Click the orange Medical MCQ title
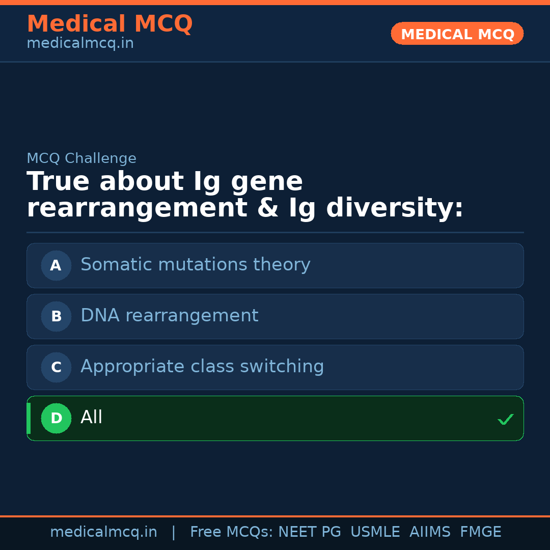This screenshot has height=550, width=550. point(109,24)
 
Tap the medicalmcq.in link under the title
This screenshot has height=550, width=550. point(80,44)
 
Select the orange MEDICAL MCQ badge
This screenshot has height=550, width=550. point(457,34)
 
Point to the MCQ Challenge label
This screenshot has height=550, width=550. point(81,158)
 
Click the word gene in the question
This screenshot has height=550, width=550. point(266,182)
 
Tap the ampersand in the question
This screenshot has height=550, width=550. point(269,208)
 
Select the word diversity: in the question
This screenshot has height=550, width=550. point(395,208)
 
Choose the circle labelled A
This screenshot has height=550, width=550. point(56,265)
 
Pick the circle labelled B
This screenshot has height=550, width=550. point(56,316)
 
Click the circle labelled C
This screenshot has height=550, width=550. point(56,367)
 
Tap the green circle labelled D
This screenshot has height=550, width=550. point(56,418)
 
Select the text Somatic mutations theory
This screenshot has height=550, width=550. point(195,265)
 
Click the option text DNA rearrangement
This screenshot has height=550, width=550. point(169,316)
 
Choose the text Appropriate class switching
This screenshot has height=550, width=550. point(202,367)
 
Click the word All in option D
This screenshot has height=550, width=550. point(92,418)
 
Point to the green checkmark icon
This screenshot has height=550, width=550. point(505,420)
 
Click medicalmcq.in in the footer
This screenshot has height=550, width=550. point(103,532)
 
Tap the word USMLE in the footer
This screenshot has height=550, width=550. point(375,532)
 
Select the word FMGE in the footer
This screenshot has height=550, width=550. point(480,532)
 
